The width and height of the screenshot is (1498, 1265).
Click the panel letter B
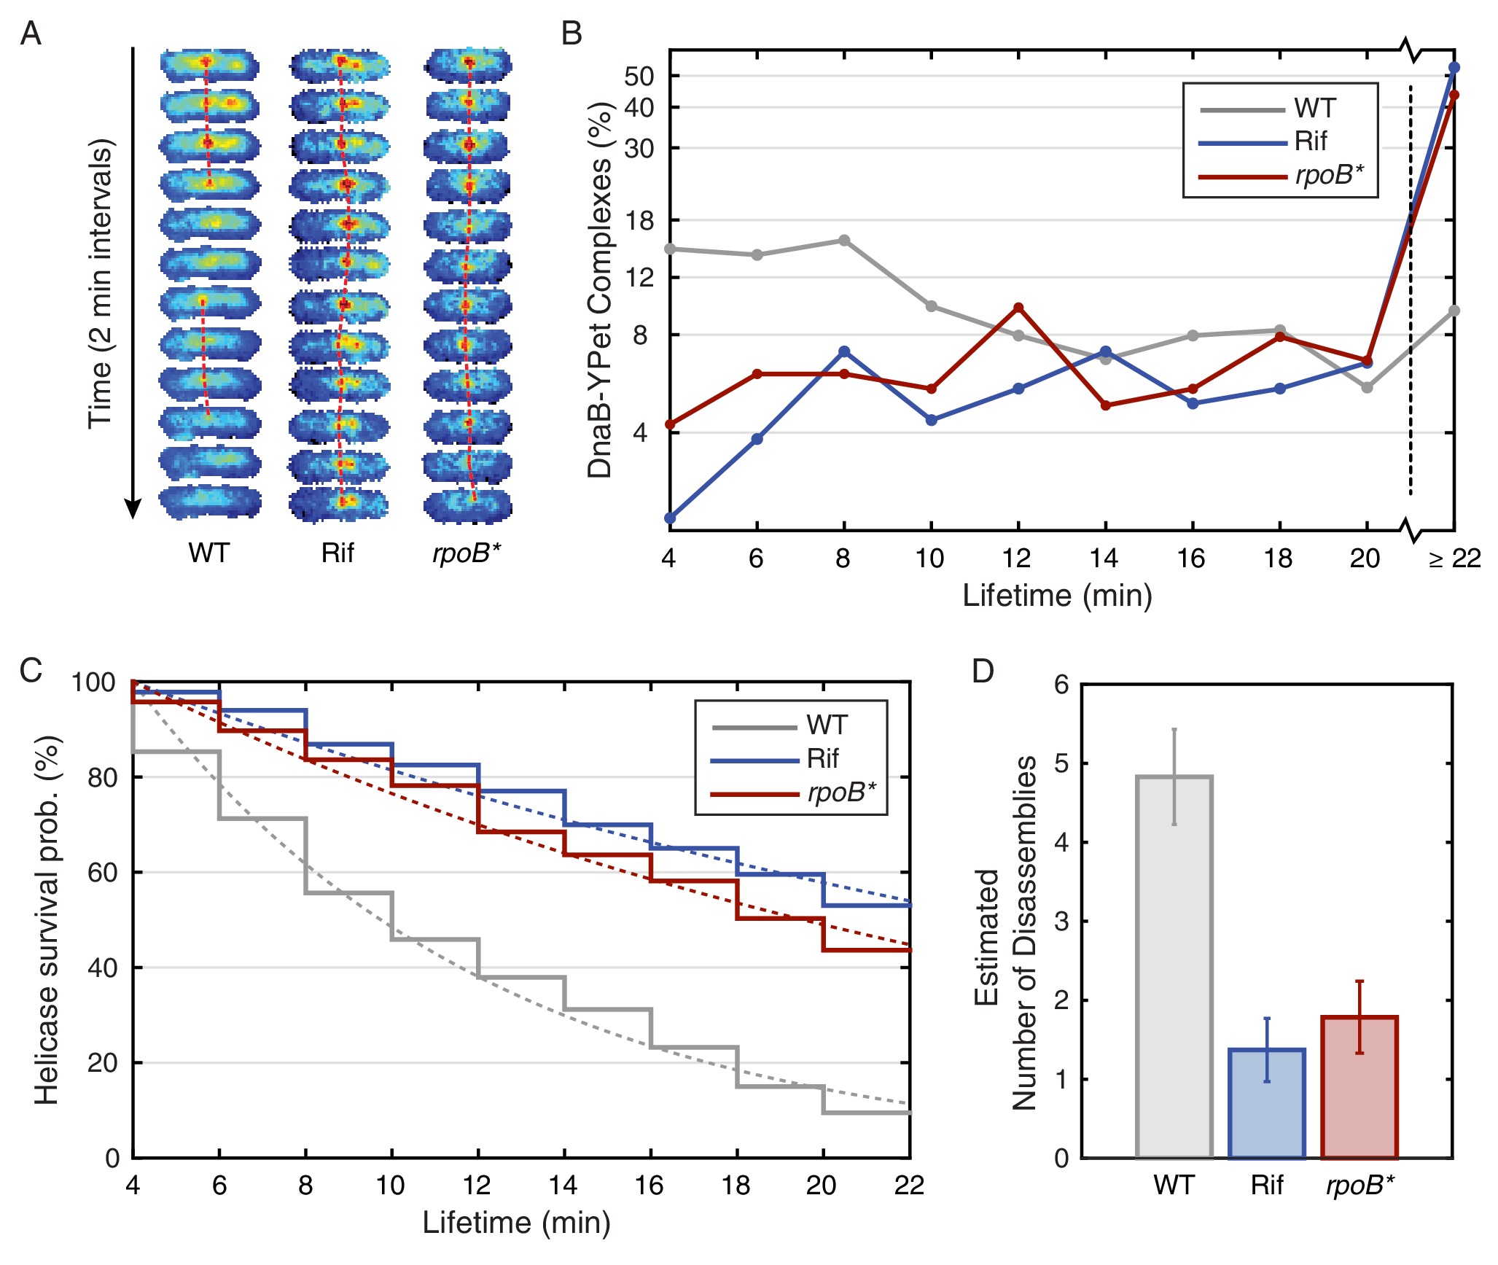(571, 34)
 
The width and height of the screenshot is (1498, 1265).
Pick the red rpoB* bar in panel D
(1359, 1087)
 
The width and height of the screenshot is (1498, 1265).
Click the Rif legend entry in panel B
(1310, 141)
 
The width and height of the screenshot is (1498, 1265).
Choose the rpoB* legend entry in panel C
(841, 792)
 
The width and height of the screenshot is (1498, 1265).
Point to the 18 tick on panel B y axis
(639, 220)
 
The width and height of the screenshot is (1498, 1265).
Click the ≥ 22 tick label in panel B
(1454, 559)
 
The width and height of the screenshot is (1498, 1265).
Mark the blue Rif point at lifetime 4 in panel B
(670, 518)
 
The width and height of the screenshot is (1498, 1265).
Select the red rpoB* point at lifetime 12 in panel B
(1018, 308)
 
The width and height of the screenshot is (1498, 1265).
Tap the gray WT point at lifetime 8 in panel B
(844, 241)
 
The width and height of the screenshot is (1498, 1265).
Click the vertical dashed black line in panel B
(1411, 292)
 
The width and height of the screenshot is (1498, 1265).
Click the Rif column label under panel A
(338, 553)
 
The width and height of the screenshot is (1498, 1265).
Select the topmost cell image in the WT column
(209, 64)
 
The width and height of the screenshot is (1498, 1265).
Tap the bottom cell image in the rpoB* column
(468, 505)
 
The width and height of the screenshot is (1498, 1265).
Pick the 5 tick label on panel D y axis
(1062, 764)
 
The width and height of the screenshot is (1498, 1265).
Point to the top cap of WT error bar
(1174, 729)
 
